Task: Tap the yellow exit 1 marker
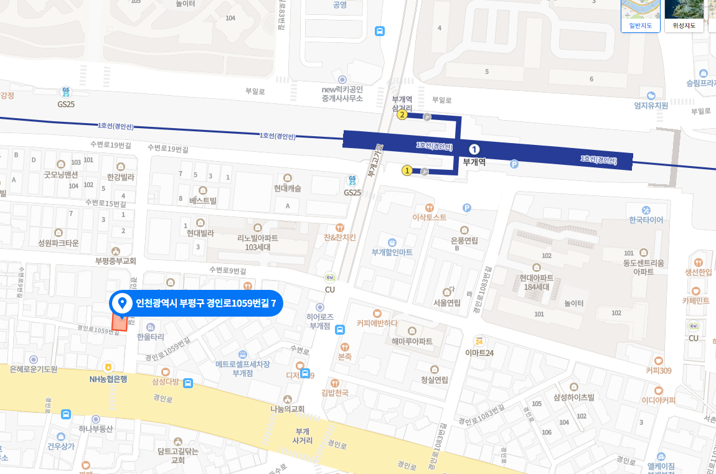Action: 407,170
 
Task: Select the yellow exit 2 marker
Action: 402,114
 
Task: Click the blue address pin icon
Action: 123,303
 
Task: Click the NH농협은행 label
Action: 108,378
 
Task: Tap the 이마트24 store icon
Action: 479,341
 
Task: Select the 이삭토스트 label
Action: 430,218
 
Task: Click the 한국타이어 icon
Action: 646,210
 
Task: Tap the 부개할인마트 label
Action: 392,252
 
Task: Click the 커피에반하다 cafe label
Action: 377,323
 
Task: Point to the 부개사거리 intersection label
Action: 303,435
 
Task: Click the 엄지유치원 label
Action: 651,105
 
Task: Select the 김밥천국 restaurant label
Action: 335,393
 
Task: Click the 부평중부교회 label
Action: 115,261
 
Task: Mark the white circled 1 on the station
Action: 474,149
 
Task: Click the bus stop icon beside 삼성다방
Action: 188,383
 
